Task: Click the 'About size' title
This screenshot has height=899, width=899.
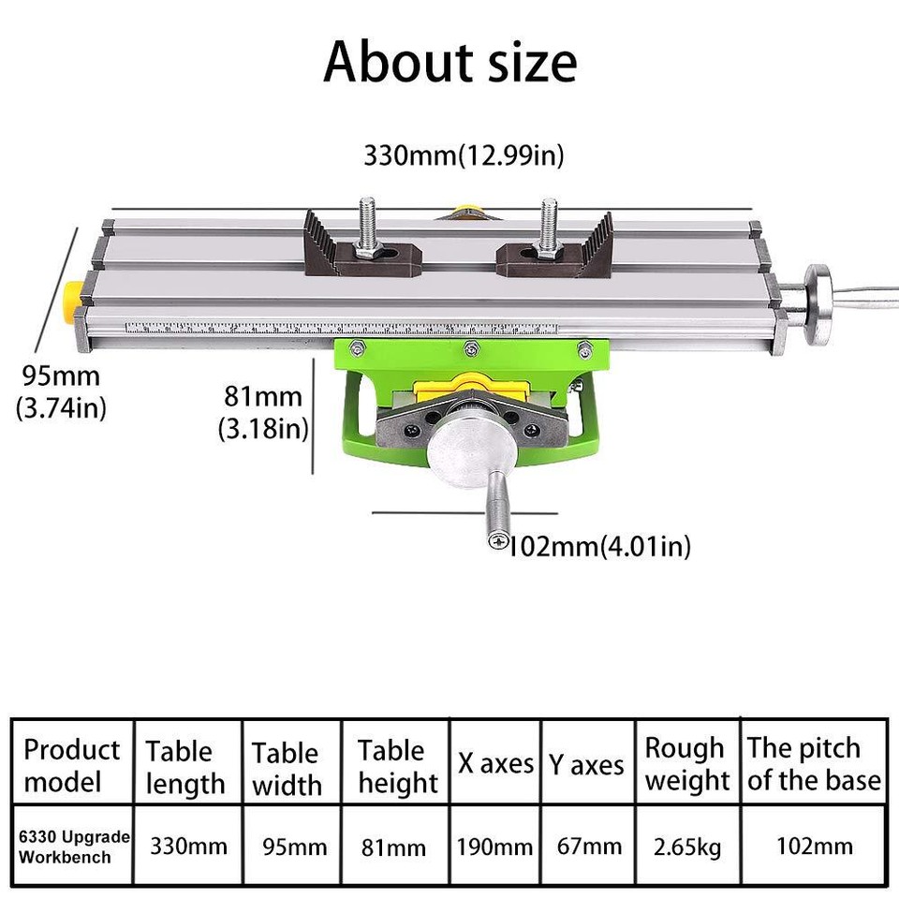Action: click(449, 62)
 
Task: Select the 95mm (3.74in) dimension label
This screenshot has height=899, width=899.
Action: click(61, 392)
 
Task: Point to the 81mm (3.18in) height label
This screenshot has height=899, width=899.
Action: click(263, 412)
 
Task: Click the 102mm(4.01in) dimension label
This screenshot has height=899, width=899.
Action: click(599, 546)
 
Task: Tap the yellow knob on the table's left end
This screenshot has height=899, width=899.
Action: click(70, 301)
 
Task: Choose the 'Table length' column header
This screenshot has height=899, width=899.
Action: click(185, 767)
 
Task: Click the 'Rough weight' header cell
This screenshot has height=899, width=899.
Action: click(686, 764)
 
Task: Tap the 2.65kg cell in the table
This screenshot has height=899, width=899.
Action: click(686, 847)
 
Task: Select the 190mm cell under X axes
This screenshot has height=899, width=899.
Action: click(494, 847)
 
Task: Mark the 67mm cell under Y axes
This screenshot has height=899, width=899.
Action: click(586, 847)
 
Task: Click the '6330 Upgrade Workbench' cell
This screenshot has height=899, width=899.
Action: click(72, 847)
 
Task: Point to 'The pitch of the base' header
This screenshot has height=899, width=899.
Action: click(814, 764)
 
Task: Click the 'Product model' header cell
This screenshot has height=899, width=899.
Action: click(72, 765)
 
